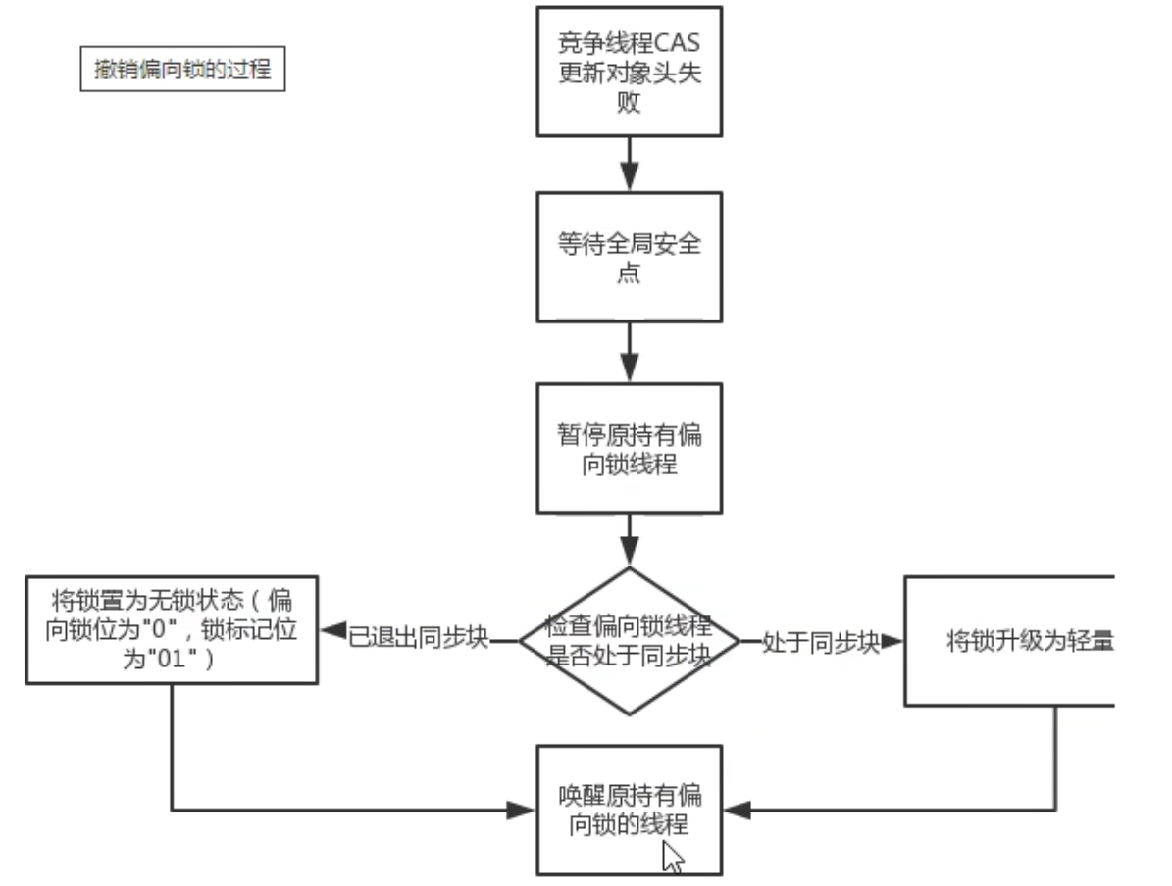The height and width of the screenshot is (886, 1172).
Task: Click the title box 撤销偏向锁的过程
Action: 182,71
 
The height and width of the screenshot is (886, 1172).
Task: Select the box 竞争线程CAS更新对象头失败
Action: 629,71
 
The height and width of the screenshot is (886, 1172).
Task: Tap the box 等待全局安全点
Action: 629,257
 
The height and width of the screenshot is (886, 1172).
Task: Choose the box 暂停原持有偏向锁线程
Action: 629,448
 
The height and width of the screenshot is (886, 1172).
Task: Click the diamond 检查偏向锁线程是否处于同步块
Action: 629,641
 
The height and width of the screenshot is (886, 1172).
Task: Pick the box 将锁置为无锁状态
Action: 173,629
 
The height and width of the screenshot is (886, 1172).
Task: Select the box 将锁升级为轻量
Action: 1009,641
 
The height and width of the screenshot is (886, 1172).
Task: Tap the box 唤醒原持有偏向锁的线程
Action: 629,810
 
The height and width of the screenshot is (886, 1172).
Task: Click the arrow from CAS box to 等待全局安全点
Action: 629,164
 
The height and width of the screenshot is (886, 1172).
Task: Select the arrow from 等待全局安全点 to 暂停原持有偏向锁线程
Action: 629,352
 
